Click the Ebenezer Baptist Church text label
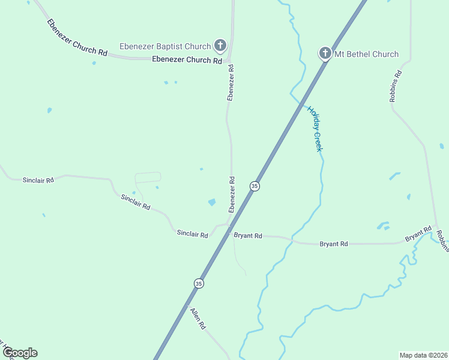pyautogui.click(x=165, y=46)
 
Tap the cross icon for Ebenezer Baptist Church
pyautogui.click(x=220, y=45)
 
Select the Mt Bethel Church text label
pyautogui.click(x=366, y=54)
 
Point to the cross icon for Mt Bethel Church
pyautogui.click(x=325, y=54)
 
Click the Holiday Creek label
pyautogui.click(x=315, y=128)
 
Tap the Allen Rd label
pyautogui.click(x=198, y=318)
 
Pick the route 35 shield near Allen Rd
pyautogui.click(x=198, y=283)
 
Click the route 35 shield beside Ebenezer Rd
pyautogui.click(x=255, y=187)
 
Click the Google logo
pyautogui.click(x=20, y=353)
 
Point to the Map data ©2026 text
pyautogui.click(x=423, y=355)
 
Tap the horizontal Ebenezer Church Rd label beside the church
pyautogui.click(x=187, y=60)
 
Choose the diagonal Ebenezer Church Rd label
pyautogui.click(x=77, y=38)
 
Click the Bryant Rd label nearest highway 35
pyautogui.click(x=248, y=236)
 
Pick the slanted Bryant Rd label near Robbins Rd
pyautogui.click(x=418, y=234)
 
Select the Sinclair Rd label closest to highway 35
pyautogui.click(x=192, y=234)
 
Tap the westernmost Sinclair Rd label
pyautogui.click(x=38, y=179)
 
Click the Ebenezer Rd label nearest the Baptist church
pyautogui.click(x=231, y=83)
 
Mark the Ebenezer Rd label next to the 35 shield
pyautogui.click(x=231, y=194)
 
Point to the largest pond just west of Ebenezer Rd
pyautogui.click(x=212, y=202)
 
